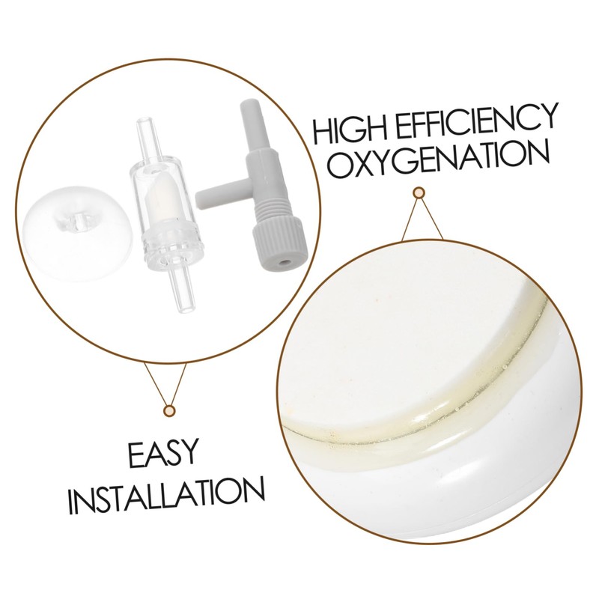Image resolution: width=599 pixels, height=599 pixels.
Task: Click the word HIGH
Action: [353, 132]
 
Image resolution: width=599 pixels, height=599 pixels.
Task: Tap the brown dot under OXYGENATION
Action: [420, 193]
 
